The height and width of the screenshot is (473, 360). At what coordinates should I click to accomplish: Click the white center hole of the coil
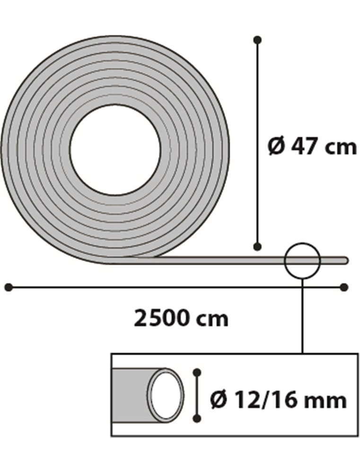pos(115,149)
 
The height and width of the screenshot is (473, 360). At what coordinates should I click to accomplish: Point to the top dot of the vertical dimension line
pos(257,40)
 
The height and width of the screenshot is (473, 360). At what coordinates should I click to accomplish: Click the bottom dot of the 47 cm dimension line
pos(257,246)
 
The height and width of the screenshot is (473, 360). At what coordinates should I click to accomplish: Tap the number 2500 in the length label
pos(162,319)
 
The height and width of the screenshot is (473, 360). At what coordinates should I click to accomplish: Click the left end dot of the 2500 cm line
pos(8,287)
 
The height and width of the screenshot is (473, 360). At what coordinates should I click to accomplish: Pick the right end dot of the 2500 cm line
pos(344,287)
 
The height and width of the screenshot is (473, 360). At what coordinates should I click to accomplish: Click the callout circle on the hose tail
pos(303,260)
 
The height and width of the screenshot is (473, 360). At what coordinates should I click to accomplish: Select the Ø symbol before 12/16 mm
pos(218,401)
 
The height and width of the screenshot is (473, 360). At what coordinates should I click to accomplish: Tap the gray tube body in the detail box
pos(130,394)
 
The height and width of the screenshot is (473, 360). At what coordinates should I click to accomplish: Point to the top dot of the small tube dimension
pos(198,373)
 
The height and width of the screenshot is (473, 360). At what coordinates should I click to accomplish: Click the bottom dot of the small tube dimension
pos(198,418)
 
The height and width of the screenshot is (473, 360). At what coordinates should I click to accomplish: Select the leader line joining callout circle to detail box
pos(303,317)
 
